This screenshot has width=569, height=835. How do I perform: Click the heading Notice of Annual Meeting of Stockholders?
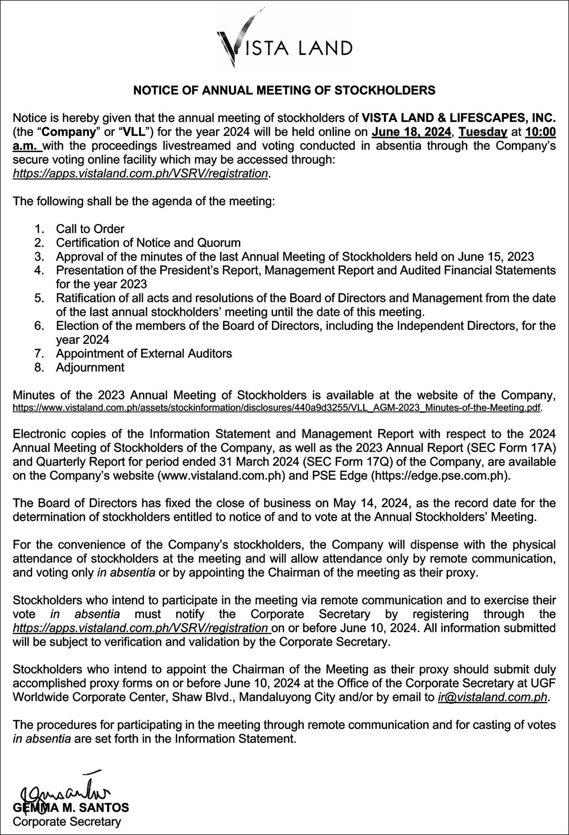pyautogui.click(x=284, y=90)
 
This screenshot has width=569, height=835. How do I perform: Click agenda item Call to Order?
pyautogui.click(x=90, y=229)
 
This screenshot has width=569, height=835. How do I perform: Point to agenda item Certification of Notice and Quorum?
pyautogui.click(x=148, y=243)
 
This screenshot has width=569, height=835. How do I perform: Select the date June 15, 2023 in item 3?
pyautogui.click(x=496, y=257)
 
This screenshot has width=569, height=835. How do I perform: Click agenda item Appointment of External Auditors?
pyautogui.click(x=144, y=353)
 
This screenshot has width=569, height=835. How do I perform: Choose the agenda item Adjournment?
pyautogui.click(x=90, y=367)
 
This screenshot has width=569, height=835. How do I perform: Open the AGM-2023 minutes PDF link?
pyautogui.click(x=277, y=407)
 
